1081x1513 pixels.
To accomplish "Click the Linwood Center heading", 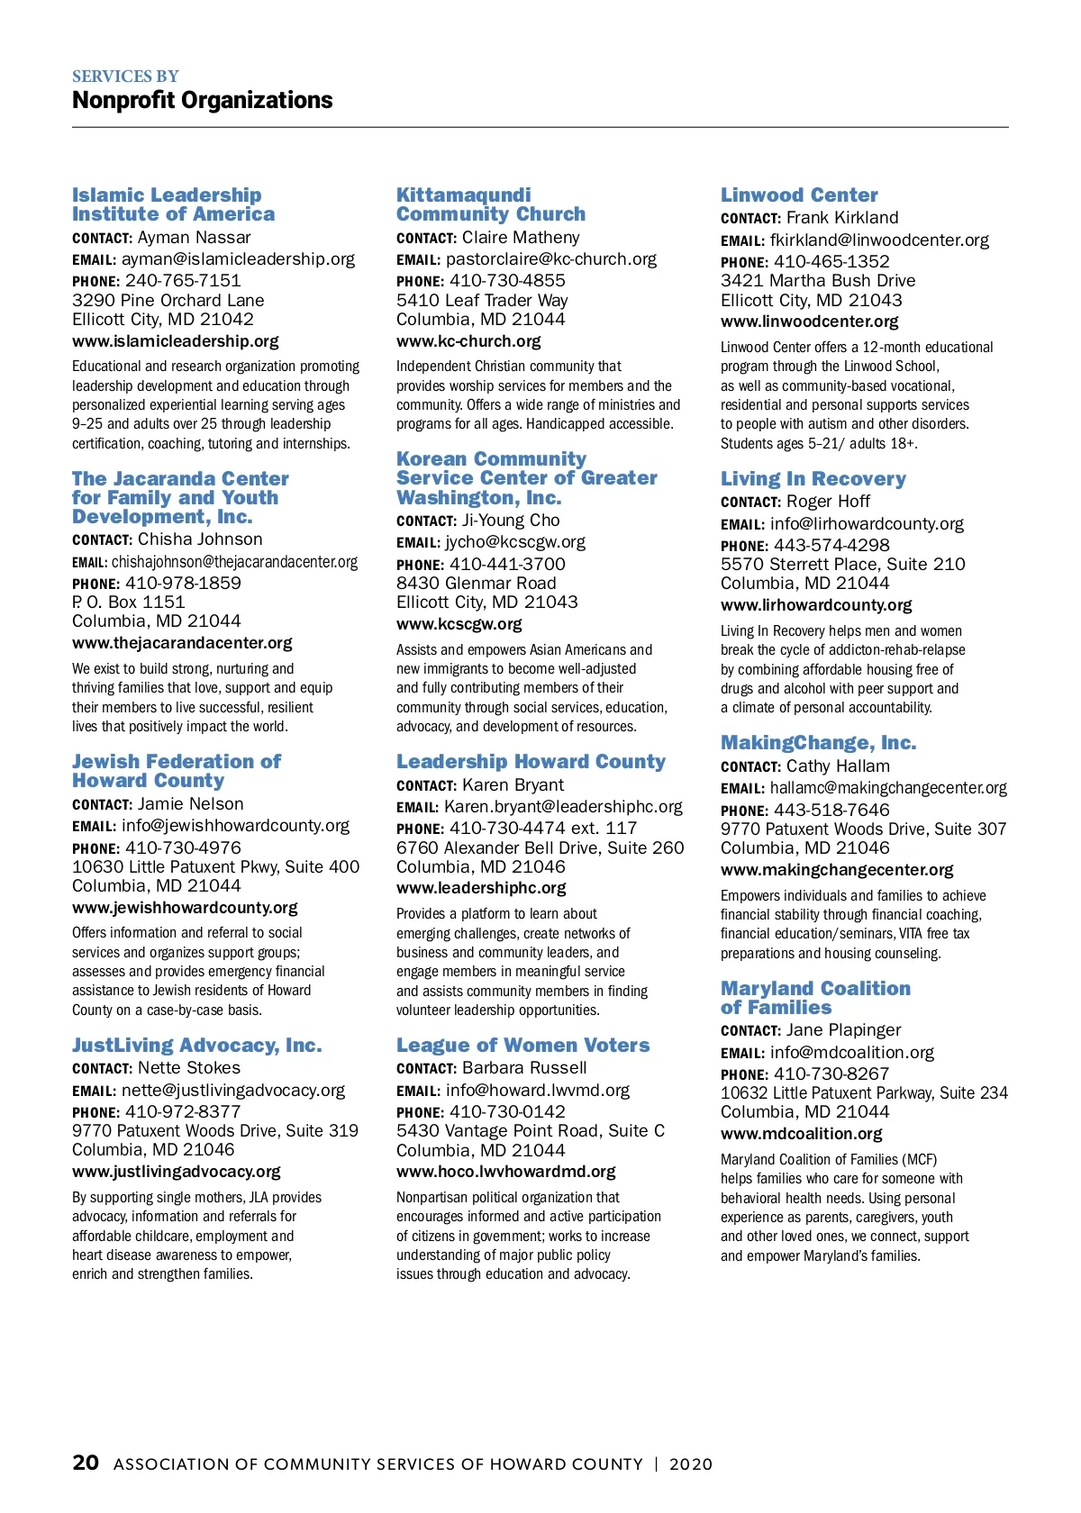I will point(799,195).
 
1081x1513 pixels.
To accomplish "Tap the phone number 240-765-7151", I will point(183,280).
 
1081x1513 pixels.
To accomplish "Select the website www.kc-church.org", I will point(468,341).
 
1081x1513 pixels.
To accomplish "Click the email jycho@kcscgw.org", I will point(514,542).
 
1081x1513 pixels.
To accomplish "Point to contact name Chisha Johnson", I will point(200,539).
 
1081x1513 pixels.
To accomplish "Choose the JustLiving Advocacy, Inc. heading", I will point(196,1046).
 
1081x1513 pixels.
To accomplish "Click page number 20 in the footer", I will point(86,1463).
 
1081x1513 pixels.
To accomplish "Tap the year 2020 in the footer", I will point(691,1464).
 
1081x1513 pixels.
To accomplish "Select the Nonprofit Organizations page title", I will point(203,100).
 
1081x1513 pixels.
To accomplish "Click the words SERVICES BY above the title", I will point(125,77).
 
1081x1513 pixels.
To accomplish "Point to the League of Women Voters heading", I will point(522,1046).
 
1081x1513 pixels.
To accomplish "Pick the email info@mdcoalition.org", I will point(851,1052).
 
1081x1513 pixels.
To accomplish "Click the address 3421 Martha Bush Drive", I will point(818,281).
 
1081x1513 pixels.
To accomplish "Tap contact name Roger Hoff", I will point(828,502).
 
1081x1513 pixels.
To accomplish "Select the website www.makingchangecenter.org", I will point(837,870).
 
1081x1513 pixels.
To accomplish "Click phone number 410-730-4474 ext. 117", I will point(543,828).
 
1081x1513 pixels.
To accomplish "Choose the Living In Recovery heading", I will point(813,479).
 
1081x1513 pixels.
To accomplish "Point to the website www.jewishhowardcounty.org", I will point(185,908).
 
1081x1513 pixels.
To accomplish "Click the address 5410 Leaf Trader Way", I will point(482,301).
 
